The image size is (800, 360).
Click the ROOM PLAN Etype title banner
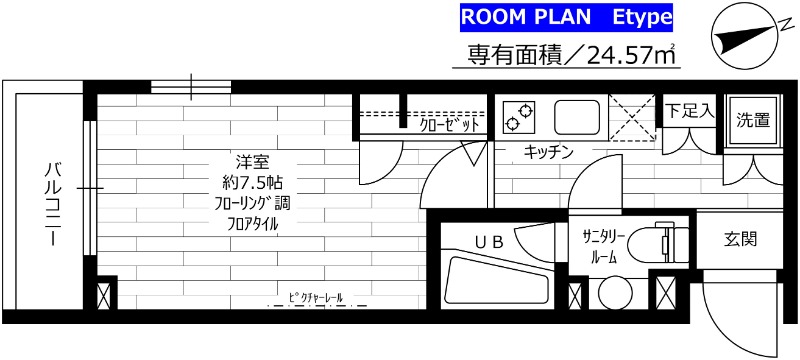coord(565,17)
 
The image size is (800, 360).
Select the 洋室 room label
coord(251,162)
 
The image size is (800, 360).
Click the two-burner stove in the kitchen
coord(520,116)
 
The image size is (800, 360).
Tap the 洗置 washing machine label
coord(752,121)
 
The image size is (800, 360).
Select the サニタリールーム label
coord(604,245)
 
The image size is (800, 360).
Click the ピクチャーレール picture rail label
coord(315,298)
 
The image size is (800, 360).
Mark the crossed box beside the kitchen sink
coord(632,116)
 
